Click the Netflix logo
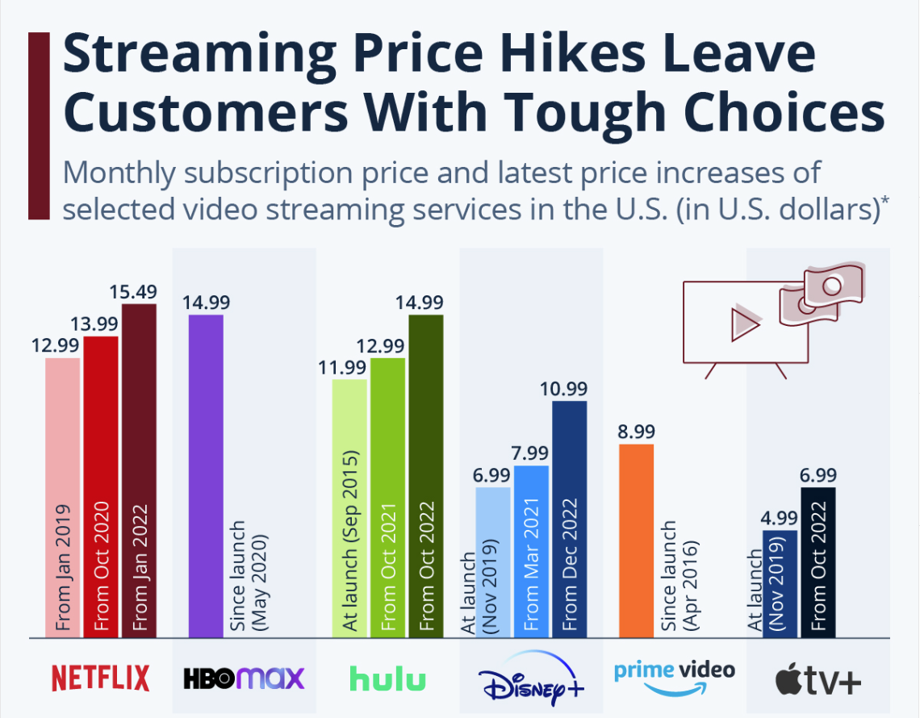pyautogui.click(x=101, y=678)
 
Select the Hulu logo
pyautogui.click(x=387, y=678)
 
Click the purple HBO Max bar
pyautogui.click(x=206, y=476)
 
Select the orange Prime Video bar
pyautogui.click(x=636, y=541)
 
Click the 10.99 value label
pyautogui.click(x=570, y=388)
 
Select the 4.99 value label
pyautogui.click(x=780, y=517)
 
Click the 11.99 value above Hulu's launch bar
pyautogui.click(x=349, y=366)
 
